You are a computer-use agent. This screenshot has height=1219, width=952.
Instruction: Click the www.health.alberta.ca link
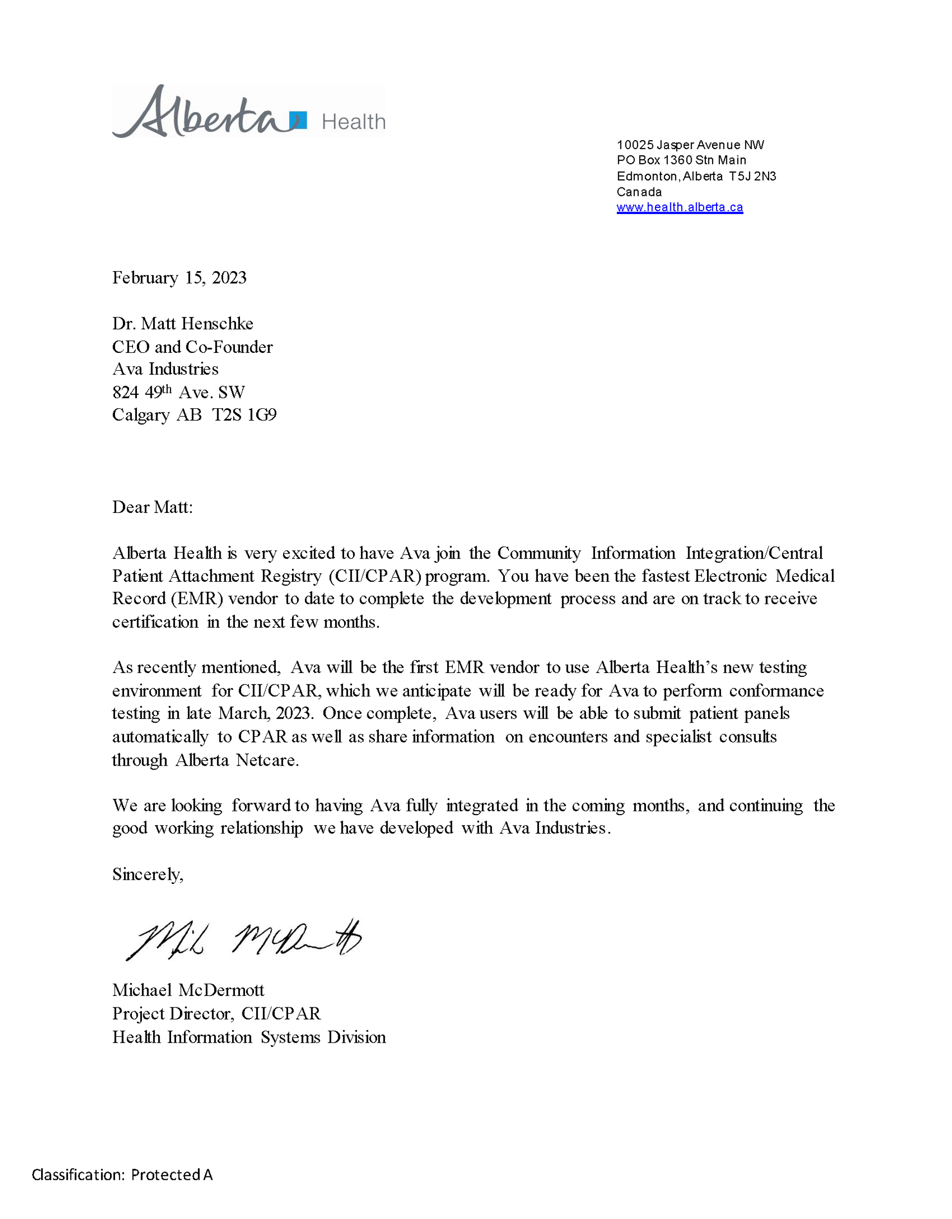(x=679, y=208)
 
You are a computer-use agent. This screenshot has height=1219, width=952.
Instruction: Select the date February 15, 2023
(x=179, y=278)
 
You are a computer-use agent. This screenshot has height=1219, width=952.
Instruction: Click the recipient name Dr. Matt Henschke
(x=182, y=324)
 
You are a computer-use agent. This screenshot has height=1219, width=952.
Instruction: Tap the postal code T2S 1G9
(x=244, y=415)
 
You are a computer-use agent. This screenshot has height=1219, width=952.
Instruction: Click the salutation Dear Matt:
(x=152, y=507)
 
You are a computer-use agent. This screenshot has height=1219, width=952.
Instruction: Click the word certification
(x=155, y=622)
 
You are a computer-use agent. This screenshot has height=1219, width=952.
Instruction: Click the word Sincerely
(x=147, y=875)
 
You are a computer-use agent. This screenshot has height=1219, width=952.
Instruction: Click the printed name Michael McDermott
(x=188, y=990)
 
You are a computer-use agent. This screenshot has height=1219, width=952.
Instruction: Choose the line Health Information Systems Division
(x=249, y=1037)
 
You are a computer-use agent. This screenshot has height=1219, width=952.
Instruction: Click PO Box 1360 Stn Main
(x=681, y=161)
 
